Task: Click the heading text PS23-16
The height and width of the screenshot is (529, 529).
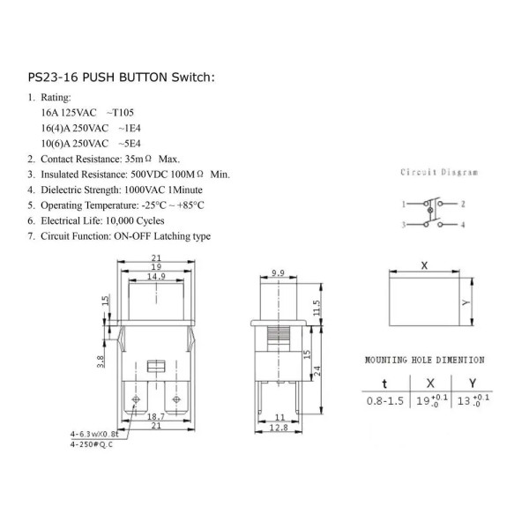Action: click(53, 78)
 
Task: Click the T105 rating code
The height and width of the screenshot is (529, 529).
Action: click(123, 113)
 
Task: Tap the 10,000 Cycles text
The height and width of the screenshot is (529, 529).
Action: click(135, 221)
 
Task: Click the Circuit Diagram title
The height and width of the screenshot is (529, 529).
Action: click(439, 172)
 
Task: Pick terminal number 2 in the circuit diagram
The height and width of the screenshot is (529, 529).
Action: click(463, 204)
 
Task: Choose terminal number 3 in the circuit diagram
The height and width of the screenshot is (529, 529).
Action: click(404, 225)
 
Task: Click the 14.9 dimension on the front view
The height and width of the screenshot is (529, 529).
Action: click(156, 277)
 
